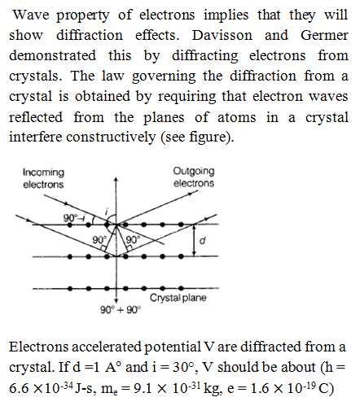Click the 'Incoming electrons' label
[x=43, y=178]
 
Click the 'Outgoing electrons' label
[x=194, y=177]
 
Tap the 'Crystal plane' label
[x=178, y=298]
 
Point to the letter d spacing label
[x=202, y=240]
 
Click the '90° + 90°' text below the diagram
[x=121, y=309]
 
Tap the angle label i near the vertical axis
[x=107, y=210]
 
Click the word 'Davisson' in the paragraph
[x=222, y=35]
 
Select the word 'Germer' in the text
[x=324, y=35]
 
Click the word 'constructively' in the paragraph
[x=111, y=137]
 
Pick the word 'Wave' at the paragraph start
[x=31, y=15]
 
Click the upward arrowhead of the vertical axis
[x=116, y=180]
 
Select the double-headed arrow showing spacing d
[x=194, y=240]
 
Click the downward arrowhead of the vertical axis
[x=116, y=301]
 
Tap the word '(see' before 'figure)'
[x=173, y=137]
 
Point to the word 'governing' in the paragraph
[x=164, y=76]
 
